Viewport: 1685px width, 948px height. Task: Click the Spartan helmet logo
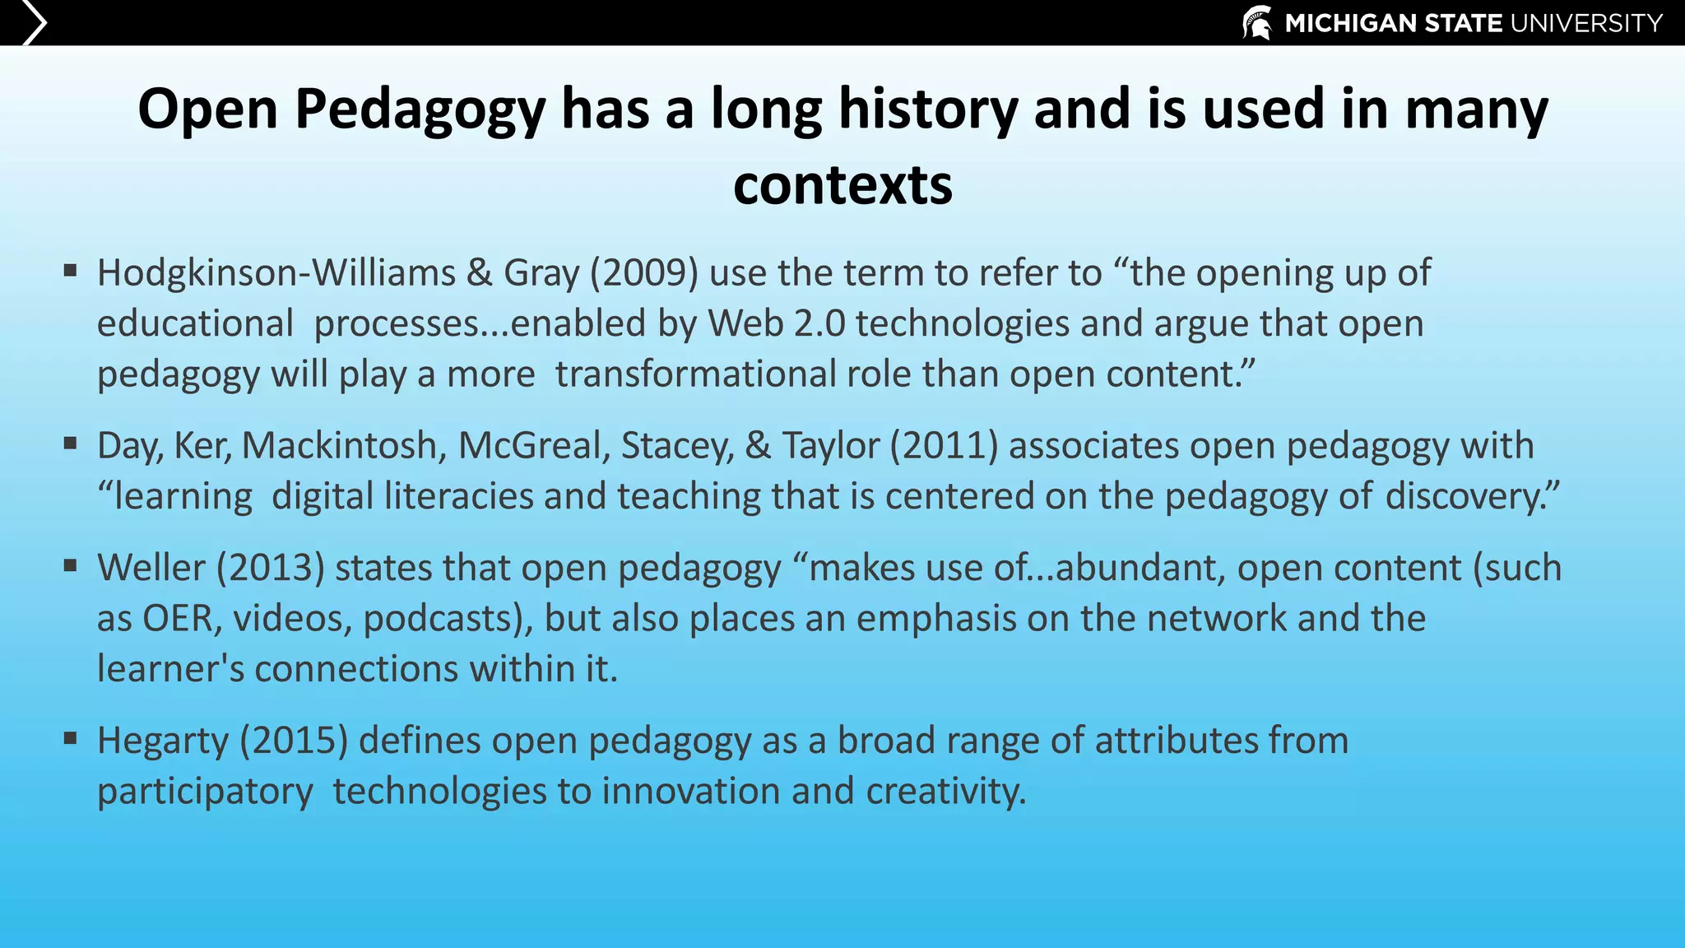tap(1257, 22)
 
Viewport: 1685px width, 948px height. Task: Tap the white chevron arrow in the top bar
tap(34, 22)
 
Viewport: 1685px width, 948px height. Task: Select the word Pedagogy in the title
tap(420, 109)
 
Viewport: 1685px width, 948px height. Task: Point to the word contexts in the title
tap(842, 185)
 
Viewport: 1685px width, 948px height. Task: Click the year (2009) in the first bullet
tap(644, 273)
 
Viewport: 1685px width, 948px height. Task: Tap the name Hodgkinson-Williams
tap(276, 273)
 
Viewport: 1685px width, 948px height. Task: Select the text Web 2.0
tap(777, 323)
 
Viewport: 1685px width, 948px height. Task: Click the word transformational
tap(696, 374)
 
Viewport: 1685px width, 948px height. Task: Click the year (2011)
tap(944, 446)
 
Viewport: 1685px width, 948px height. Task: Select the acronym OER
tap(178, 619)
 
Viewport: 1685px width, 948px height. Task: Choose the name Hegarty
tap(163, 741)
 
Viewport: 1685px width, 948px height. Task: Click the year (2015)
tap(294, 741)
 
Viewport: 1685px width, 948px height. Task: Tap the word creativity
tap(945, 792)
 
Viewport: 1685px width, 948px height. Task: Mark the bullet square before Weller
tap(70, 565)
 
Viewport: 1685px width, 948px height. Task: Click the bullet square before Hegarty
tap(70, 738)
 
